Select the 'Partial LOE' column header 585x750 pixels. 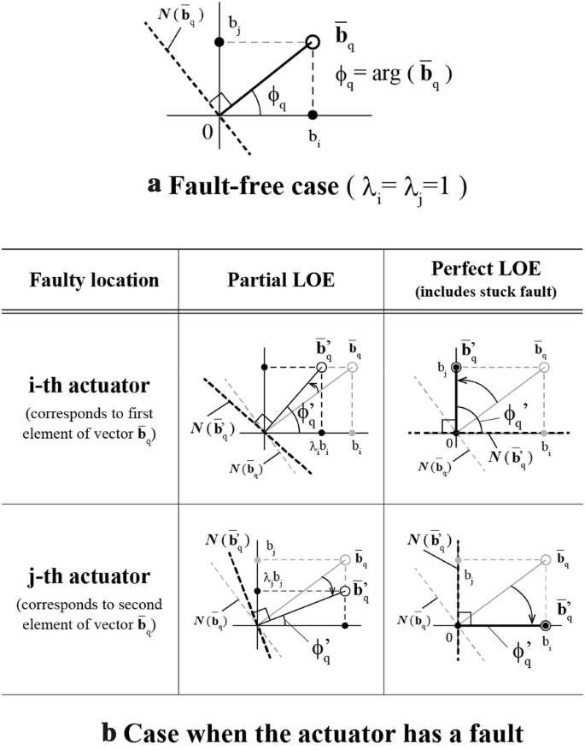click(281, 280)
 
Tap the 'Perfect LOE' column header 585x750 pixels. click(483, 273)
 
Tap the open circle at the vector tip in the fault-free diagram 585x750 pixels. click(313, 42)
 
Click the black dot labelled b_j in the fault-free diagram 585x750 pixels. click(219, 42)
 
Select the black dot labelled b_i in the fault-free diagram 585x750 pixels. click(313, 115)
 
